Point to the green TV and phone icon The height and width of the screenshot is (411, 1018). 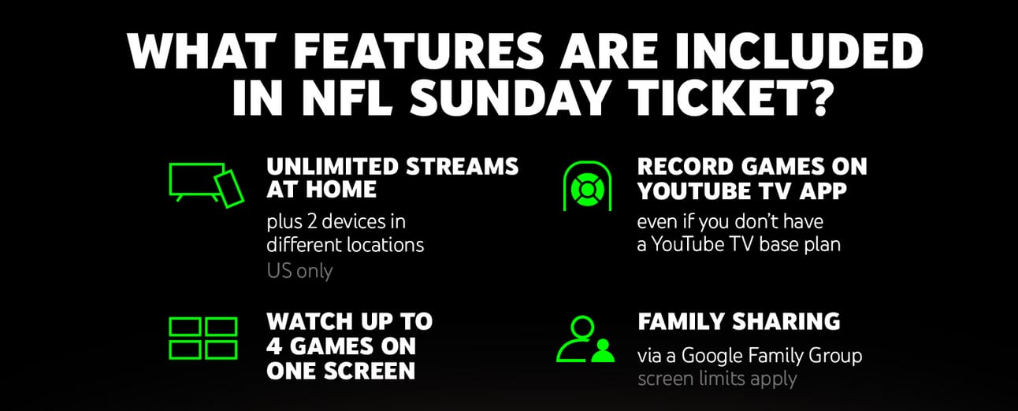pyautogui.click(x=206, y=185)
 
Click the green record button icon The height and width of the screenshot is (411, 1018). pyautogui.click(x=587, y=186)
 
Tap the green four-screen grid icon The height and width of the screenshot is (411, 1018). pyautogui.click(x=203, y=339)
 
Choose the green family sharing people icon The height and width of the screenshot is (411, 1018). pyautogui.click(x=585, y=339)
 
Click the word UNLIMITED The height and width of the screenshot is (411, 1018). pyautogui.click(x=333, y=167)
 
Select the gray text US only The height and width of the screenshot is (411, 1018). pyautogui.click(x=299, y=271)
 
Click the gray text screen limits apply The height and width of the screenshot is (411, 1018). pyautogui.click(x=717, y=379)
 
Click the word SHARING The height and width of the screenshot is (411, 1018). pyautogui.click(x=786, y=321)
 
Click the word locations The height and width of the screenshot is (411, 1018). pyautogui.click(x=385, y=245)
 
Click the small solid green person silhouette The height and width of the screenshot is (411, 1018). pyautogui.click(x=603, y=350)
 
